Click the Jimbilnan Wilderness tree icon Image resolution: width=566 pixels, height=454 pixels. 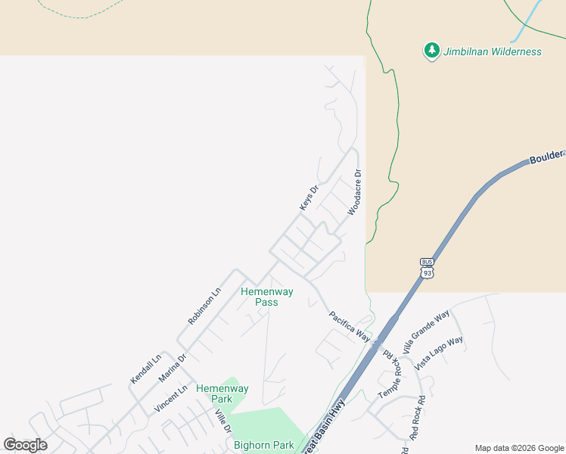point(431,51)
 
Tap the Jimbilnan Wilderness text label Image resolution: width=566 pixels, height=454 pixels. point(493,51)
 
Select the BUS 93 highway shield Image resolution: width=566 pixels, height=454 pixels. point(428,269)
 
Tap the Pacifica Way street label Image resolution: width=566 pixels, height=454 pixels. point(350,326)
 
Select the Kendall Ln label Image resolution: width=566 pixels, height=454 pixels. point(146,368)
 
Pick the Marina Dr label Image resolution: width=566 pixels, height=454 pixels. point(172,369)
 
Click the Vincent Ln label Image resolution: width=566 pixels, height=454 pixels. point(170,399)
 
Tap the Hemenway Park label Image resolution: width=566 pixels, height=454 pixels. point(222,393)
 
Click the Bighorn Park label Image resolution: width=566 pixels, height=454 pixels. point(263,445)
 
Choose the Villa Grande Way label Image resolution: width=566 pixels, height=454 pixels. point(426,331)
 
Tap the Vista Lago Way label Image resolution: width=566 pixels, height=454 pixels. point(440,352)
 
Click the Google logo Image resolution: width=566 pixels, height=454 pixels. point(26,445)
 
